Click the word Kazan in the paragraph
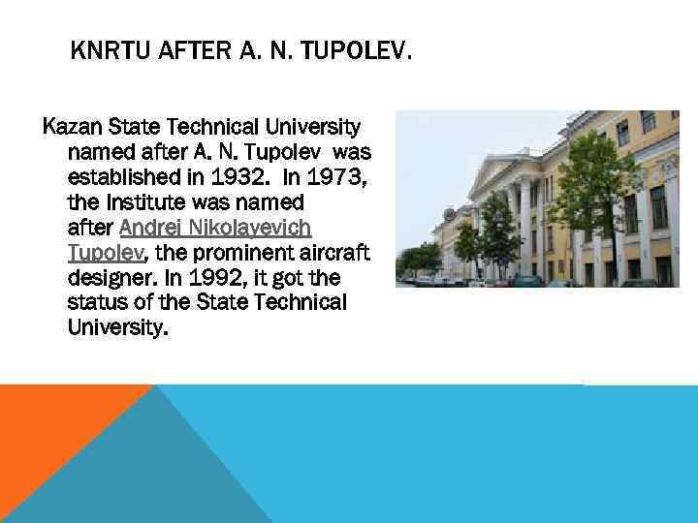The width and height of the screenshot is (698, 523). pyautogui.click(x=70, y=127)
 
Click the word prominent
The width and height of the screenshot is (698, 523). pyautogui.click(x=238, y=253)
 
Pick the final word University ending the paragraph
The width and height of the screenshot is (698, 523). pyautogui.click(x=116, y=328)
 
